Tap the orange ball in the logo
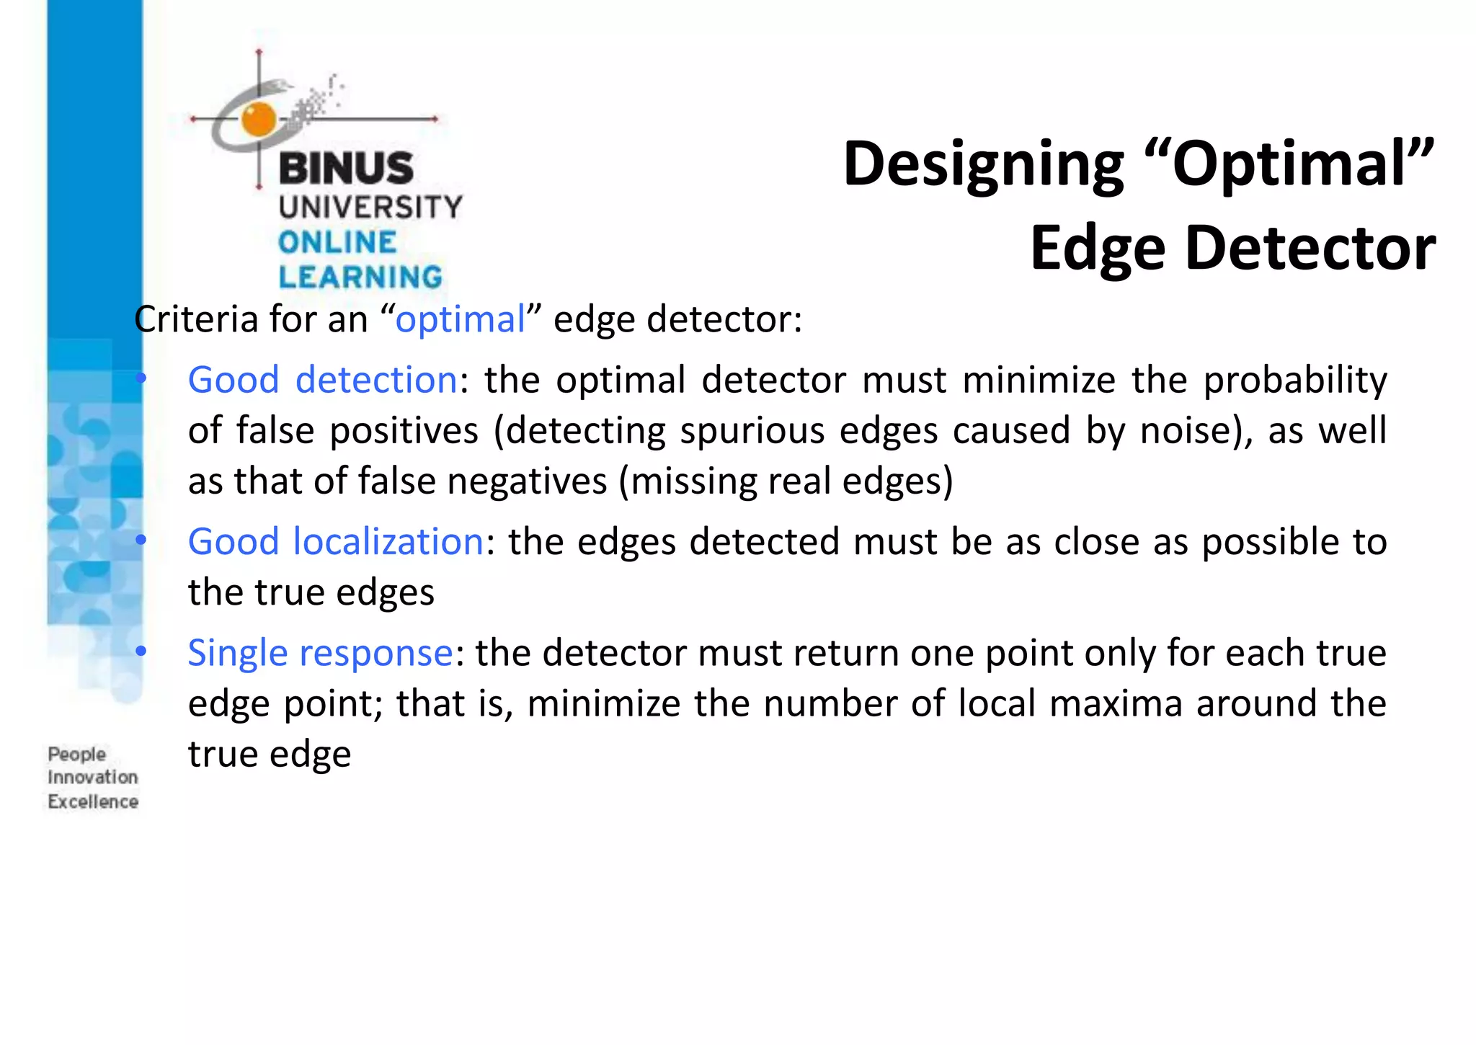tap(259, 119)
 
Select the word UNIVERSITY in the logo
tap(370, 208)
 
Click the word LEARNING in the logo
tap(360, 277)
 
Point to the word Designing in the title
tap(983, 164)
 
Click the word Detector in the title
tap(1310, 249)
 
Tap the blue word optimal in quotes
tap(461, 319)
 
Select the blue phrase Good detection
tap(322, 380)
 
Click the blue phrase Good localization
tap(336, 541)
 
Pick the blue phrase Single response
tap(321, 653)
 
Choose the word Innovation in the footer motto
tap(93, 778)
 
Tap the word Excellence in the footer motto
tap(93, 801)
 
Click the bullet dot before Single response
tap(141, 652)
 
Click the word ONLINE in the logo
tap(337, 242)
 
